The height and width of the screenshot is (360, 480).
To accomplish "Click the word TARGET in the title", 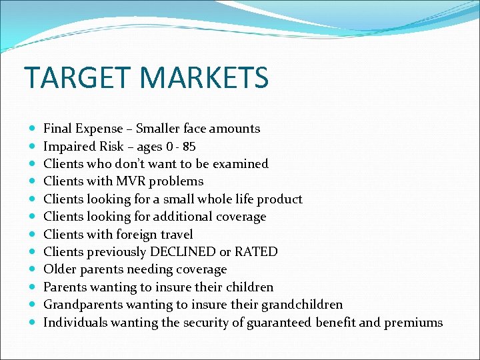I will (x=75, y=77).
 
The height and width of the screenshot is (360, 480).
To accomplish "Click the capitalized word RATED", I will (x=257, y=252).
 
